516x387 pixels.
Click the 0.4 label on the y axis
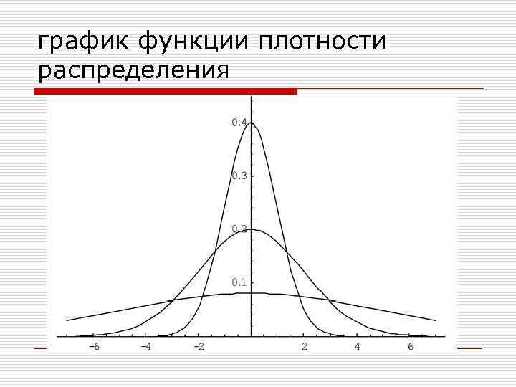click(239, 123)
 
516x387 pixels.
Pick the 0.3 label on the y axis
click(239, 176)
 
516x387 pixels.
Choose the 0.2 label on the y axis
click(239, 229)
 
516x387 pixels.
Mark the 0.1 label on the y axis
click(239, 282)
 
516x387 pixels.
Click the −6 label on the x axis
click(92, 348)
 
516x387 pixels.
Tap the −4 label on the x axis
click(145, 348)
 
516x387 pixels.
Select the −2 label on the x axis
click(199, 348)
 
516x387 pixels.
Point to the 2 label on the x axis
click(305, 348)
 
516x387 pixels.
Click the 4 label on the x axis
click(358, 348)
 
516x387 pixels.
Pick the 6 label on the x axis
click(411, 348)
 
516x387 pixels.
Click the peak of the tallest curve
click(252, 123)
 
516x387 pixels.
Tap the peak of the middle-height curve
click(252, 229)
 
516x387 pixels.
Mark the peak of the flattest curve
click(252, 293)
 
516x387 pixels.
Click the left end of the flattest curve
click(67, 320)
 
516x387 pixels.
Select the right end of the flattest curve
click(436, 320)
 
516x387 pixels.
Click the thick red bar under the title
click(166, 92)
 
